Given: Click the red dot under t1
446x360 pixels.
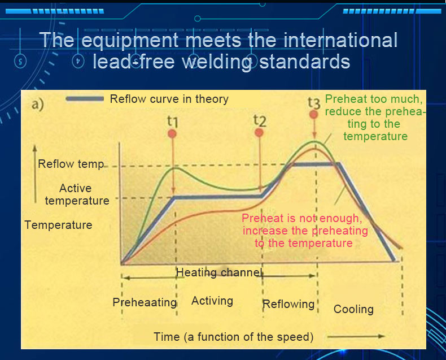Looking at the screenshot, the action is pos(172,133).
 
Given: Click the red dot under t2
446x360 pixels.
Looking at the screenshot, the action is pos(259,132).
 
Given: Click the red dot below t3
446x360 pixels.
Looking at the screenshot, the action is pos(313,115).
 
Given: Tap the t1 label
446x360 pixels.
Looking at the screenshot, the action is pos(173,122).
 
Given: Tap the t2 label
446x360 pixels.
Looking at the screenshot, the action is pos(260,120).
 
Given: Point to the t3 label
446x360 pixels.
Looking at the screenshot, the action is pos(314,103).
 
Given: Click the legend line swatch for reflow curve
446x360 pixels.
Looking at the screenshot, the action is pos(85,99).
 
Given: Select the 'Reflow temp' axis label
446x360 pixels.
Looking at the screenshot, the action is pos(71,164).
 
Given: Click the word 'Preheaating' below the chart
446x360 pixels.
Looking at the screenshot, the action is pos(145,302).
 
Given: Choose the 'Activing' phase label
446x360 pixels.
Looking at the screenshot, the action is pos(212,301).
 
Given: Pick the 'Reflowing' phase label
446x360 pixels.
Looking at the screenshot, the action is pos(288,304).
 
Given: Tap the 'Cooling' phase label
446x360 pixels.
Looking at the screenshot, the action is pos(353,309).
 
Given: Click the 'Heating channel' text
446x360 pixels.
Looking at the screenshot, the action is pos(218,272).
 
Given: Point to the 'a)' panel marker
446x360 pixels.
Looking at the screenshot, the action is pos(38,104).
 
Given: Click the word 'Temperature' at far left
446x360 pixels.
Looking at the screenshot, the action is pos(58,225).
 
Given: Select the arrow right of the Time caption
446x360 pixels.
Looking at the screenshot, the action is pos(356,336).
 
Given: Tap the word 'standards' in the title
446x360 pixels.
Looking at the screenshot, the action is pos(304,62).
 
